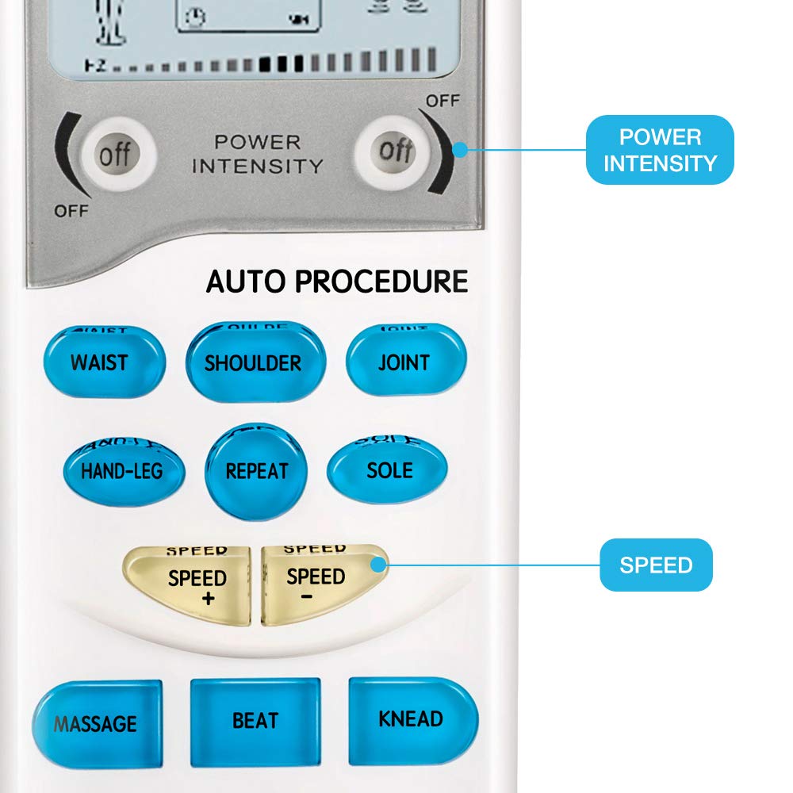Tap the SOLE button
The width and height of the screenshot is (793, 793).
pos(388,469)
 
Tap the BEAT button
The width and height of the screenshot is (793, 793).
pos(255,720)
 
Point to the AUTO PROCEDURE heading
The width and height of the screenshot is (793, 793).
pos(337,282)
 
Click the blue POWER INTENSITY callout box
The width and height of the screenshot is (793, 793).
pos(660,150)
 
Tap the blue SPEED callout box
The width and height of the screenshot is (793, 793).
pos(656,565)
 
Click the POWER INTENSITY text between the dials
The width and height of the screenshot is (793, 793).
pos(258,155)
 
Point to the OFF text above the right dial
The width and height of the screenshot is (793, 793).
pos(442,102)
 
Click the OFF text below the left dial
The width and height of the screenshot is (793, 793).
pos(71,211)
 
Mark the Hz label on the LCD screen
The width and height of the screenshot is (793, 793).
pos(94,65)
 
